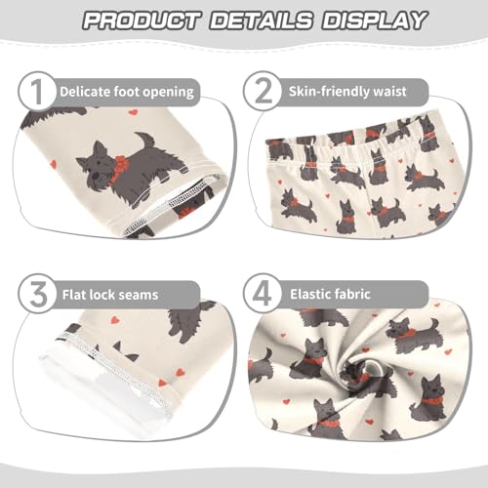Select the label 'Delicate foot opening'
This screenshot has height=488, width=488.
[x=126, y=93]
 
